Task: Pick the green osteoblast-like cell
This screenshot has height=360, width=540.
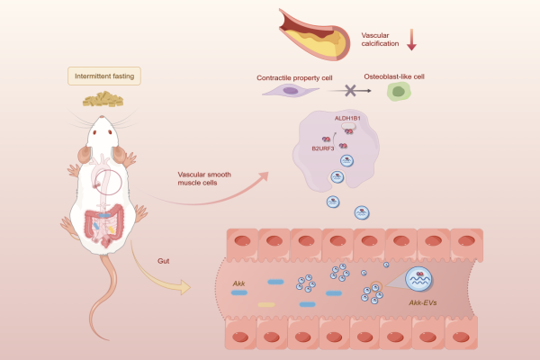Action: point(396,92)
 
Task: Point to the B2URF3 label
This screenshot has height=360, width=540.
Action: point(323,147)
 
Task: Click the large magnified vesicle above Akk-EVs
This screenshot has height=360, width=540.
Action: point(420,280)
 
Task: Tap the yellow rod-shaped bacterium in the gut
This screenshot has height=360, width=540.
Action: point(266,304)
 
